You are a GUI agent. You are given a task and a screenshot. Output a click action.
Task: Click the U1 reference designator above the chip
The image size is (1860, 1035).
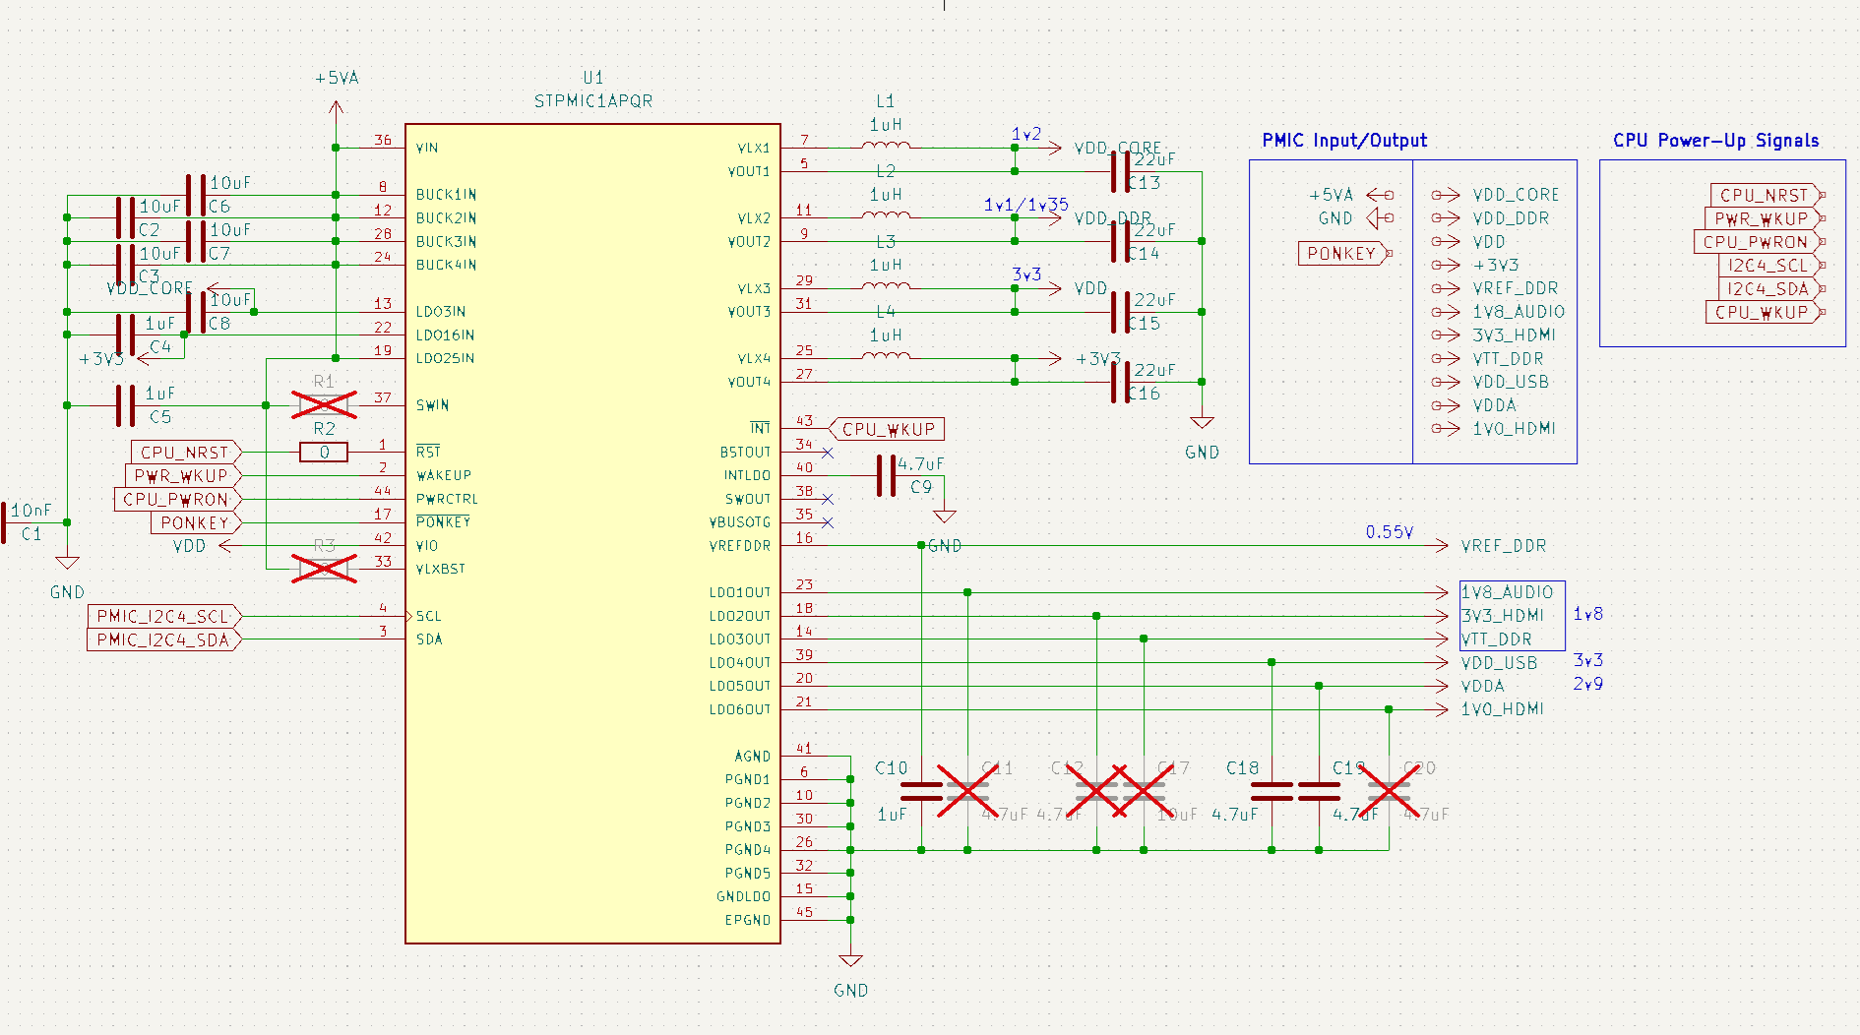[x=592, y=78]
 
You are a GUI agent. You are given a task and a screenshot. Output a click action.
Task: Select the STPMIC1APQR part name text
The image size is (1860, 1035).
[x=592, y=101]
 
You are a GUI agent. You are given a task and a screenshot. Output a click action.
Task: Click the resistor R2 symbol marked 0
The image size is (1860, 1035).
[x=324, y=453]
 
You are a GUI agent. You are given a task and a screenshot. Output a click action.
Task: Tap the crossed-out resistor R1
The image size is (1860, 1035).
[x=324, y=404]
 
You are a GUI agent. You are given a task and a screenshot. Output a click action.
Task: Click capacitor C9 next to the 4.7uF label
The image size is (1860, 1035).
[x=886, y=476]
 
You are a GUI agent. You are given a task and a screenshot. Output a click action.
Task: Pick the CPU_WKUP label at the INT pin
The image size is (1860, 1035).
[x=888, y=429]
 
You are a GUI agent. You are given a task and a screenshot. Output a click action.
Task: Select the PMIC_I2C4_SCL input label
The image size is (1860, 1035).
[x=163, y=617]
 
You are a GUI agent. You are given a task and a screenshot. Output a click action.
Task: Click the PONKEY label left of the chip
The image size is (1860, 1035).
[x=195, y=523]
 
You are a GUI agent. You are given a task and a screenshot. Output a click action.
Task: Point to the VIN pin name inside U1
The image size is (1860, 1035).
[x=427, y=149]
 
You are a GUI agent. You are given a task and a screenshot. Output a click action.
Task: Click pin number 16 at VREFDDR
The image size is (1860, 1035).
[x=804, y=537]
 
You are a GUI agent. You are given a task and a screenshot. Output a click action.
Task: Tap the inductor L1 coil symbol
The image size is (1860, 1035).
[x=886, y=146]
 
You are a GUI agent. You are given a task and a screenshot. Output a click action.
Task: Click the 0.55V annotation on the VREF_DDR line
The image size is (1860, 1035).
[x=1389, y=532]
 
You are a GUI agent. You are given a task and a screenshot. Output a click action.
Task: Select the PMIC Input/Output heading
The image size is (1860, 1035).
[x=1344, y=141]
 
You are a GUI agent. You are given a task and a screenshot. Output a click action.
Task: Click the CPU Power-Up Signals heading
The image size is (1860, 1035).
[x=1715, y=141]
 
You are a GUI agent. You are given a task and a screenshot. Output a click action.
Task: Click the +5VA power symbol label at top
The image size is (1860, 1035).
[x=337, y=79]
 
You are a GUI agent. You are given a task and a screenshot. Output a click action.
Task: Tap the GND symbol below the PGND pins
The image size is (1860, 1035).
[x=850, y=961]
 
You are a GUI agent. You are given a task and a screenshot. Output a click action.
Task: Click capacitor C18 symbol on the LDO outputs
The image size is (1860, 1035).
[x=1271, y=791]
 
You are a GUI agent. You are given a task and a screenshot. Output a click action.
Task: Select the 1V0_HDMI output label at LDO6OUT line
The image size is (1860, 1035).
[x=1502, y=709]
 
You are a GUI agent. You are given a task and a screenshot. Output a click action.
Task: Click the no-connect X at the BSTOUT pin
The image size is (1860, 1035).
[x=828, y=453]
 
